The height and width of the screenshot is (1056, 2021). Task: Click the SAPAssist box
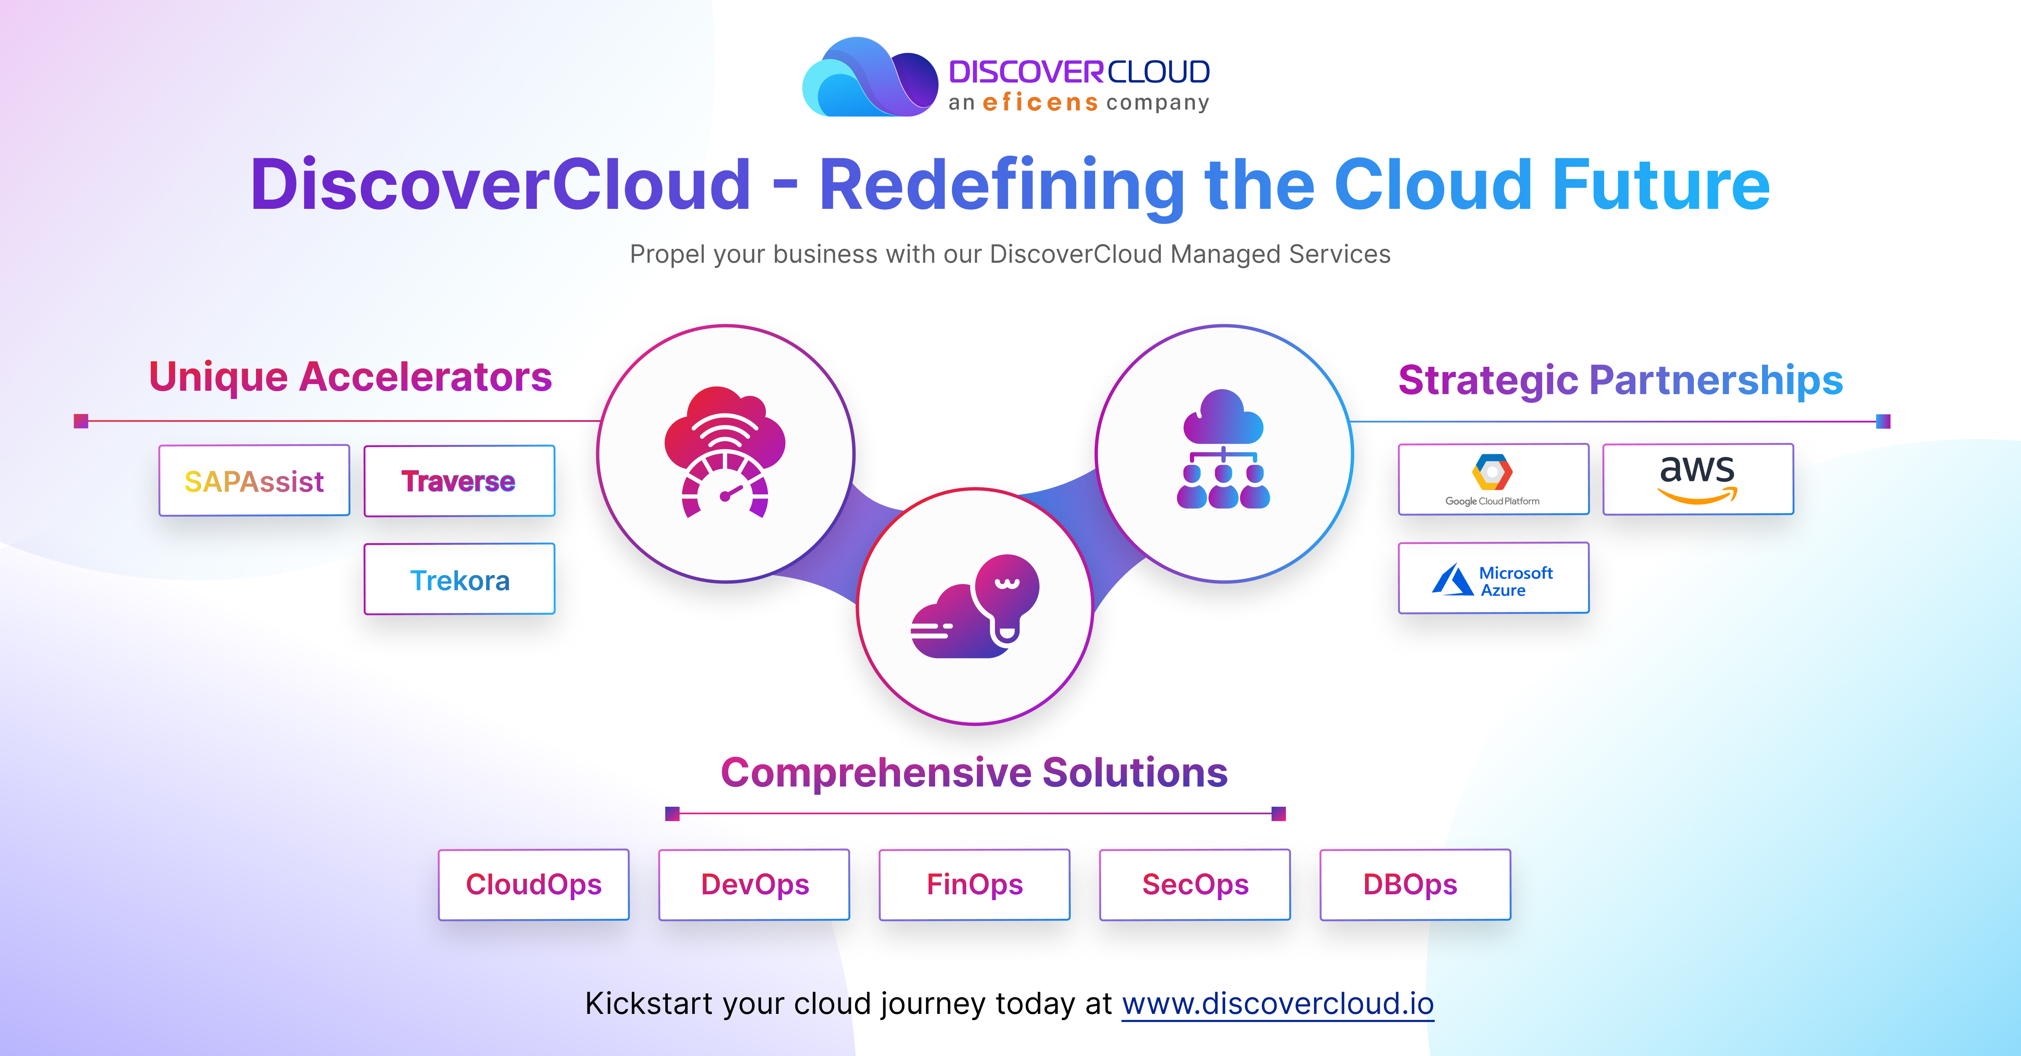coord(254,480)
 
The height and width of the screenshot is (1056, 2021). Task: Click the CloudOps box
coord(533,884)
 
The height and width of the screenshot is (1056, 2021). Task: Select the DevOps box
coord(754,884)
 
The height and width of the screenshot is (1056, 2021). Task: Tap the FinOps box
coord(974,884)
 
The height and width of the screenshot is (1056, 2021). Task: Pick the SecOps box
coord(1195,884)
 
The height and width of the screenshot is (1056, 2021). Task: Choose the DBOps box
coord(1415,884)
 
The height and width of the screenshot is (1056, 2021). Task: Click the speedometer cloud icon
coord(725,452)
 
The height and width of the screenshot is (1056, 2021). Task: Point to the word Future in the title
coord(1661,185)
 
